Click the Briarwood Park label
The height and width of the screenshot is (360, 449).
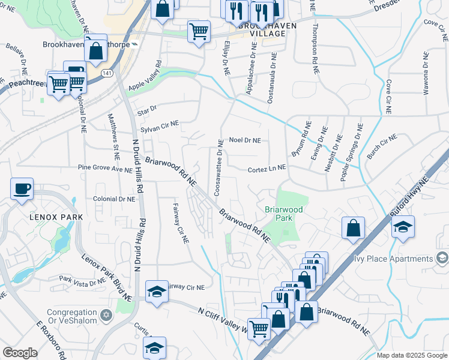[285, 214]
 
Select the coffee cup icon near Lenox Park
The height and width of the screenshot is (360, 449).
[22, 188]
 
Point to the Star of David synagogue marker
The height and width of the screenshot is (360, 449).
[107, 314]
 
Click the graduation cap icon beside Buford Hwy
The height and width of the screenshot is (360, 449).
[403, 227]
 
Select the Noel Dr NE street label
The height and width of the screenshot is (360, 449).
[245, 140]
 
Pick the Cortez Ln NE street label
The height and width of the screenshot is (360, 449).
[266, 170]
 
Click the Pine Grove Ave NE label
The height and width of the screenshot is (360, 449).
[104, 170]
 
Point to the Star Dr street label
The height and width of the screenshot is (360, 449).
[146, 109]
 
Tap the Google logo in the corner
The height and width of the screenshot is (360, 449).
[20, 353]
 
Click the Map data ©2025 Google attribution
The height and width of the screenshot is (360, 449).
[411, 355]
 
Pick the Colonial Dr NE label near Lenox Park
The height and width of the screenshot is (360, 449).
[114, 199]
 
